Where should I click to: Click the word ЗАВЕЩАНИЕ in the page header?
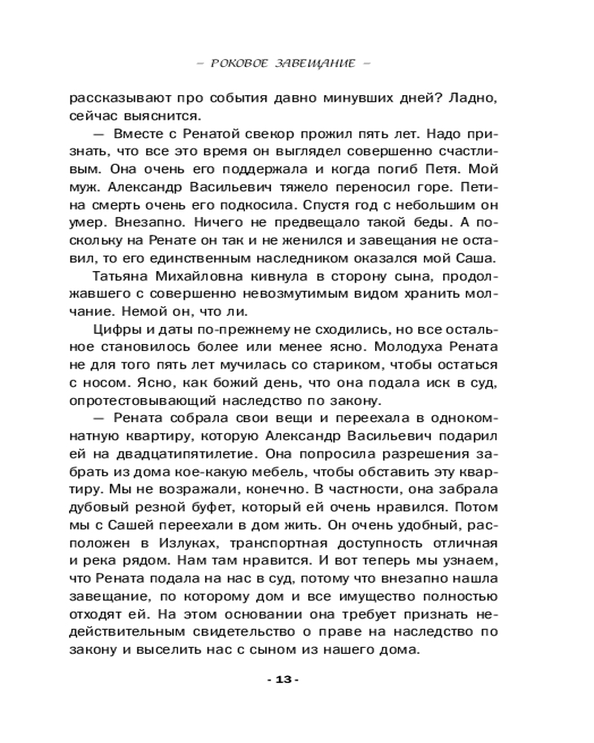[x=315, y=63]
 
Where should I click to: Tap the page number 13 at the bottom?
[x=286, y=680]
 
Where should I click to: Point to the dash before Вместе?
[x=97, y=134]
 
